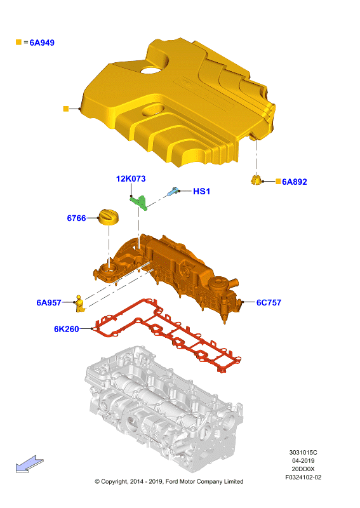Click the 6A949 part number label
42,43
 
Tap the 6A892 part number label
294,182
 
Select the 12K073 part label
131,178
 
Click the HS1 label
201,192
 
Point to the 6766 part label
76,218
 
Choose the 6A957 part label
49,303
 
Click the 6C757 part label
269,303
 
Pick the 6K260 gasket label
67,329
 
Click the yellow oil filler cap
108,217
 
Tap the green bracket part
140,202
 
